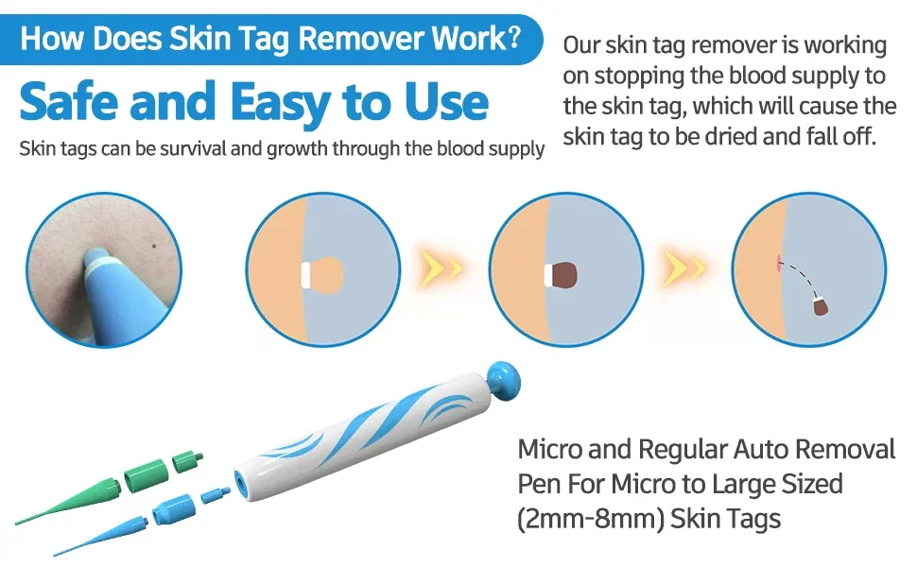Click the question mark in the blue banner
click(x=513, y=38)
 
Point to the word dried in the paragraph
click(x=731, y=136)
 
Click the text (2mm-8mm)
click(x=591, y=519)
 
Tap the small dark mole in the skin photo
click(x=154, y=245)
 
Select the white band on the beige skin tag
click(x=305, y=275)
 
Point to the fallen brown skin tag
click(x=821, y=306)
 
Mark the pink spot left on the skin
click(x=778, y=263)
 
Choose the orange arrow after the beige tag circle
click(x=441, y=267)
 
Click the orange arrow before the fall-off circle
click(x=684, y=267)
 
